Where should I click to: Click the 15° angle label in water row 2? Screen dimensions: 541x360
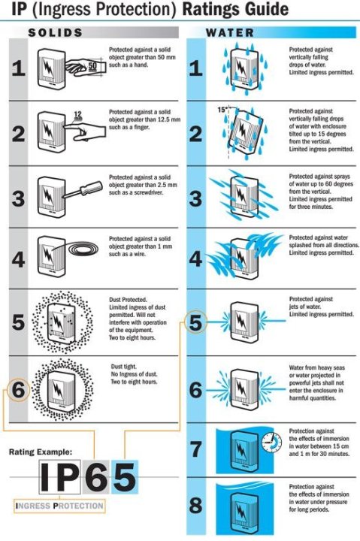point(222,110)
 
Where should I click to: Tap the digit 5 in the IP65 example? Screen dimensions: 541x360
point(124,478)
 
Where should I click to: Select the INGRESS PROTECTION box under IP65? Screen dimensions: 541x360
point(59,506)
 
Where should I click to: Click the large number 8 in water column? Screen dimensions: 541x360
point(195,506)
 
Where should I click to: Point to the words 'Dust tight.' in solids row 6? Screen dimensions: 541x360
point(123,367)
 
